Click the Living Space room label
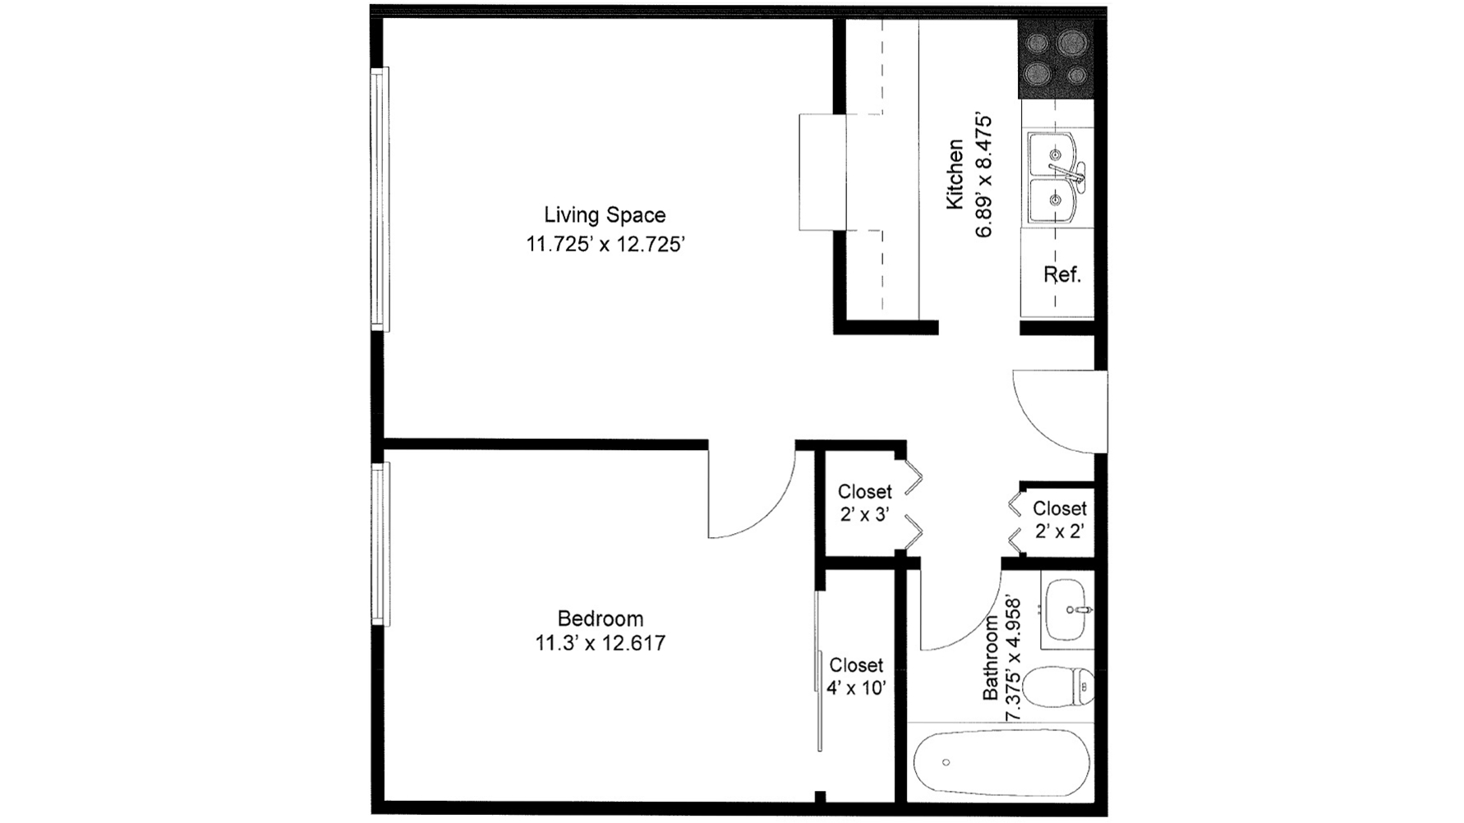click(x=605, y=215)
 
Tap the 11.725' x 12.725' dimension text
click(x=605, y=245)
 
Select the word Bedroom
click(x=601, y=618)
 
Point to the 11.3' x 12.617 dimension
click(x=601, y=643)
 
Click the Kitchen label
click(x=955, y=174)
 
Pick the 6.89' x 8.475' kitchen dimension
click(x=983, y=176)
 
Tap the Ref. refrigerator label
click(x=1062, y=275)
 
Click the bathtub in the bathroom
click(x=1002, y=762)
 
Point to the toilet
click(x=1060, y=687)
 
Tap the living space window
click(x=380, y=200)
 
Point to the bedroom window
click(x=380, y=544)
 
